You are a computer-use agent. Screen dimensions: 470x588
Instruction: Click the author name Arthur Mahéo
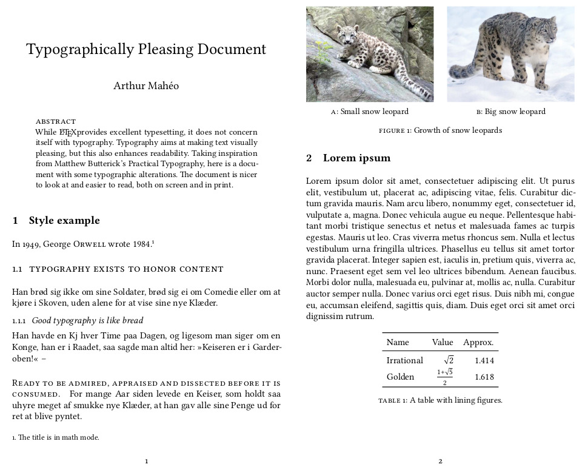click(146, 86)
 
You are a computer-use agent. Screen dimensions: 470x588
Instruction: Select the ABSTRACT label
click(56, 121)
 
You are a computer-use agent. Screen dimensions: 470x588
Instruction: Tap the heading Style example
click(64, 220)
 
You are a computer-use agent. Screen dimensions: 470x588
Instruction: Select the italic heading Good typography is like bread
click(87, 320)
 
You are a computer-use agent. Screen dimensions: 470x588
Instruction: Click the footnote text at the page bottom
click(56, 437)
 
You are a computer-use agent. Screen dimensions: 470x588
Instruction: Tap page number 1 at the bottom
click(147, 461)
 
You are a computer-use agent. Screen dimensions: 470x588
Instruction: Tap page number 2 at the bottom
click(441, 461)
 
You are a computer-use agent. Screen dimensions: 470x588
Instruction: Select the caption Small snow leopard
click(370, 112)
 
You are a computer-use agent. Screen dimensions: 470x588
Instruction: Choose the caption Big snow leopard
click(510, 112)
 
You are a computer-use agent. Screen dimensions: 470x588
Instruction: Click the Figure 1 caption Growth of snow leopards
click(441, 130)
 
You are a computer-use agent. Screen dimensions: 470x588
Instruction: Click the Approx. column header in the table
click(478, 342)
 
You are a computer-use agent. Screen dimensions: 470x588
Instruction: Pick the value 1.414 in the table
click(484, 361)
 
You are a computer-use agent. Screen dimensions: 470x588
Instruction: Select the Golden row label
click(400, 377)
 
